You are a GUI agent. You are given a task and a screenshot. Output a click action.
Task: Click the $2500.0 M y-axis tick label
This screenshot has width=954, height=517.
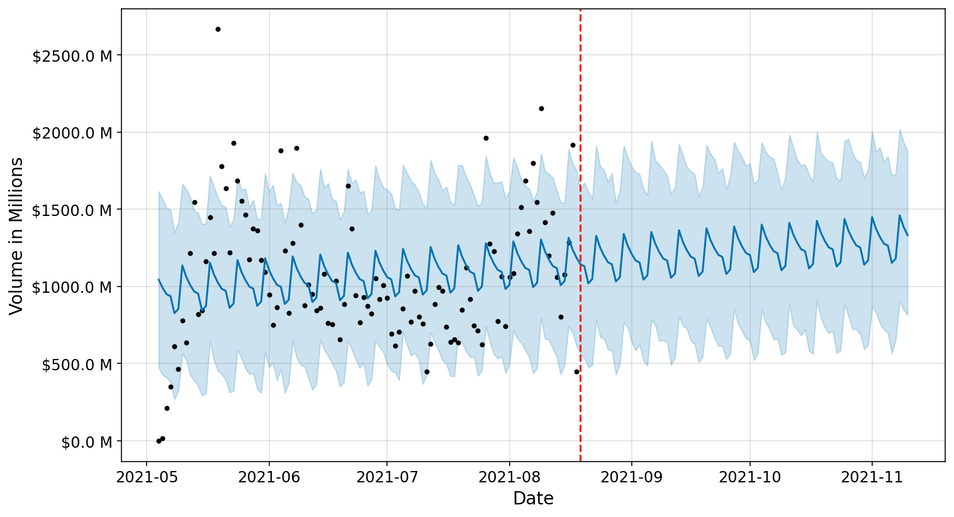pyautogui.click(x=72, y=56)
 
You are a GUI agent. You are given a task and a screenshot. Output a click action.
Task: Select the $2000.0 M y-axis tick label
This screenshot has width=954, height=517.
pyautogui.click(x=72, y=133)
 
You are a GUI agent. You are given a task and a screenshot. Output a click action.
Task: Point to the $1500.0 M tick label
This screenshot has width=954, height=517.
pyautogui.click(x=72, y=210)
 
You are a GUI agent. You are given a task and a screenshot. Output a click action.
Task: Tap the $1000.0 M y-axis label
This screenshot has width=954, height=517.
pyautogui.click(x=72, y=287)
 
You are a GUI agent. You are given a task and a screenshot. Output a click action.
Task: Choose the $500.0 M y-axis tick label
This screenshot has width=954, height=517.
pyautogui.click(x=76, y=365)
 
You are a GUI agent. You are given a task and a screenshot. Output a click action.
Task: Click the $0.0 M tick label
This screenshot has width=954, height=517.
pyautogui.click(x=86, y=442)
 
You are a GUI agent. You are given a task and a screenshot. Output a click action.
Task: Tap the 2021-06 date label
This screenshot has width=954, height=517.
pyautogui.click(x=269, y=477)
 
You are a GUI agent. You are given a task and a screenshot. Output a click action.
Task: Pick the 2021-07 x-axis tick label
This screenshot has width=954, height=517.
pyautogui.click(x=387, y=477)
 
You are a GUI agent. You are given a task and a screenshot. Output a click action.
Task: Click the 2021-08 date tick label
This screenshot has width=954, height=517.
pyautogui.click(x=510, y=477)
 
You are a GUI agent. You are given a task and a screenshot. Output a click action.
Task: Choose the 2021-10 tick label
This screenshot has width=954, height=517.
pyautogui.click(x=750, y=477)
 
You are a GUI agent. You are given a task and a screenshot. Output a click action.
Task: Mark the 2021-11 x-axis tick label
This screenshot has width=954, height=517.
pyautogui.click(x=872, y=477)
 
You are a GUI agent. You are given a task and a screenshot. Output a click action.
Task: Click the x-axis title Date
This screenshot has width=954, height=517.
pyautogui.click(x=533, y=499)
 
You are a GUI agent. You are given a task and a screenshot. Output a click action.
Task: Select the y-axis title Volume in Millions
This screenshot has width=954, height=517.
pyautogui.click(x=16, y=236)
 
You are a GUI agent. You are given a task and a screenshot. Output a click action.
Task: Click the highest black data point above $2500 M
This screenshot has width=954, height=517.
pyautogui.click(x=218, y=29)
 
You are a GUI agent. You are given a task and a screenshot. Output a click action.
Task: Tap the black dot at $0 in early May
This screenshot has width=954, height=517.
pyautogui.click(x=159, y=441)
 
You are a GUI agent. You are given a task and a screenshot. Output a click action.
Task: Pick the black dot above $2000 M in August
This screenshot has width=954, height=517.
pyautogui.click(x=541, y=108)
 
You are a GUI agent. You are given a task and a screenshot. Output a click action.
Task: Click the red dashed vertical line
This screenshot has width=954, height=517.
pyautogui.click(x=580, y=252)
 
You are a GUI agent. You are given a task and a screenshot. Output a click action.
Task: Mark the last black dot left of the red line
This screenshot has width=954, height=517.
pyautogui.click(x=576, y=372)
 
